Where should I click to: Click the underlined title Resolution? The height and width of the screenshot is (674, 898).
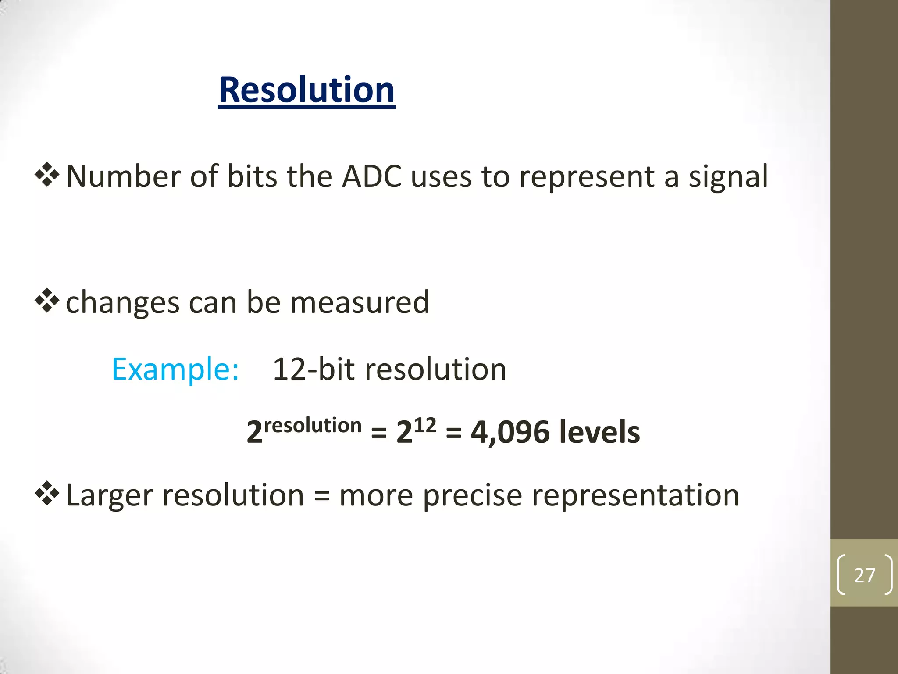click(x=306, y=90)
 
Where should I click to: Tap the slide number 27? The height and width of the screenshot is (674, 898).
click(x=864, y=575)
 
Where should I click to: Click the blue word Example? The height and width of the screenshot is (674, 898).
click(x=175, y=369)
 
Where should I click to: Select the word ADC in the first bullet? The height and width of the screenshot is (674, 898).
click(x=371, y=176)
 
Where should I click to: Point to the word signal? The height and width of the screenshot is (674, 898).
click(x=728, y=176)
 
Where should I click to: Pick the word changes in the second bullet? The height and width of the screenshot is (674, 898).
click(x=122, y=302)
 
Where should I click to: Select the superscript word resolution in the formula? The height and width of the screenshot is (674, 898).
click(x=313, y=426)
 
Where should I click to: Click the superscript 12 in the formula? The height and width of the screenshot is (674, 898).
click(x=425, y=425)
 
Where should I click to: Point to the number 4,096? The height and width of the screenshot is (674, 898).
click(x=510, y=432)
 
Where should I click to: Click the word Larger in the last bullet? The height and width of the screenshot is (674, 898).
click(x=110, y=495)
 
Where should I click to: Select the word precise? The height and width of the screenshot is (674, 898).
click(x=472, y=495)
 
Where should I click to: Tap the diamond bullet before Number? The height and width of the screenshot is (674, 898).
click(x=47, y=175)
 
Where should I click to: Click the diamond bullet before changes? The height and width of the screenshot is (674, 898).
click(x=47, y=301)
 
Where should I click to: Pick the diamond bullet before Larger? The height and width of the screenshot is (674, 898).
click(x=47, y=494)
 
